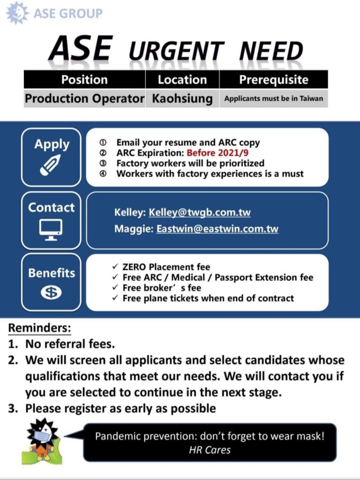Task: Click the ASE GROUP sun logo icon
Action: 17,13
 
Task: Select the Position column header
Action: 84,80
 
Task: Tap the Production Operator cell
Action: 84,99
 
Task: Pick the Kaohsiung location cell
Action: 182,99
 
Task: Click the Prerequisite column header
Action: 274,80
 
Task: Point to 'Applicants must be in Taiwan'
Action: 274,99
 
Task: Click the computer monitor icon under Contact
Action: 51,230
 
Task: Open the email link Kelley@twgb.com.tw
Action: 200,212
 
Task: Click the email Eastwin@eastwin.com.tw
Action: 217,229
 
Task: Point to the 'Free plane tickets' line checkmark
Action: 115,298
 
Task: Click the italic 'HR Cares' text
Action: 210,450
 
